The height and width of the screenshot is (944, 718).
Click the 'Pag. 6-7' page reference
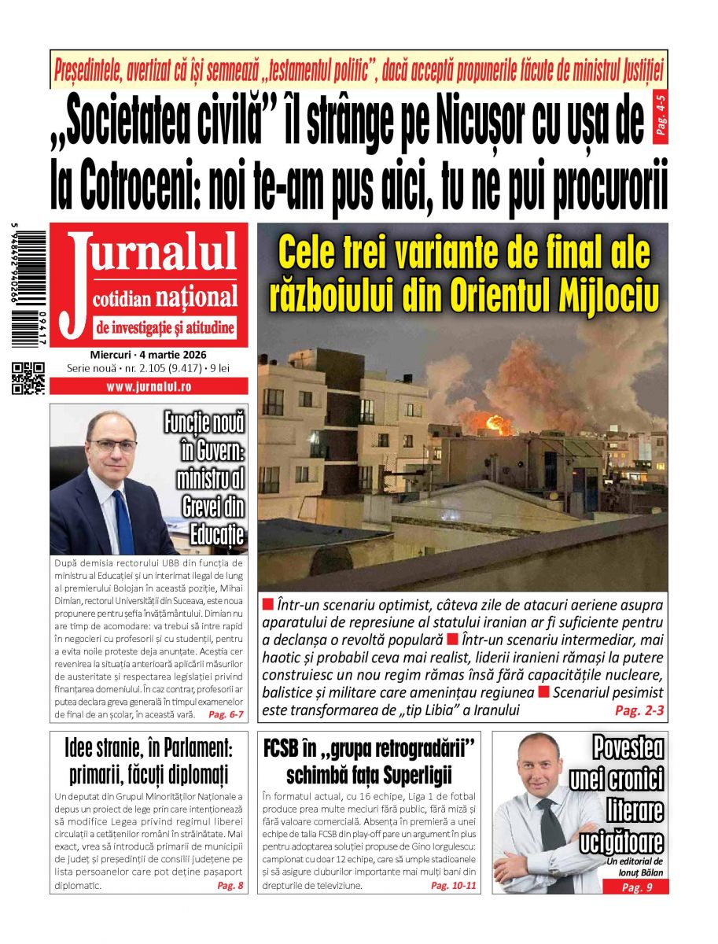226,714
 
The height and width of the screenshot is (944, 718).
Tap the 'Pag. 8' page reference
230,886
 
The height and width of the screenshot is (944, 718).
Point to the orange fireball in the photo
497,423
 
